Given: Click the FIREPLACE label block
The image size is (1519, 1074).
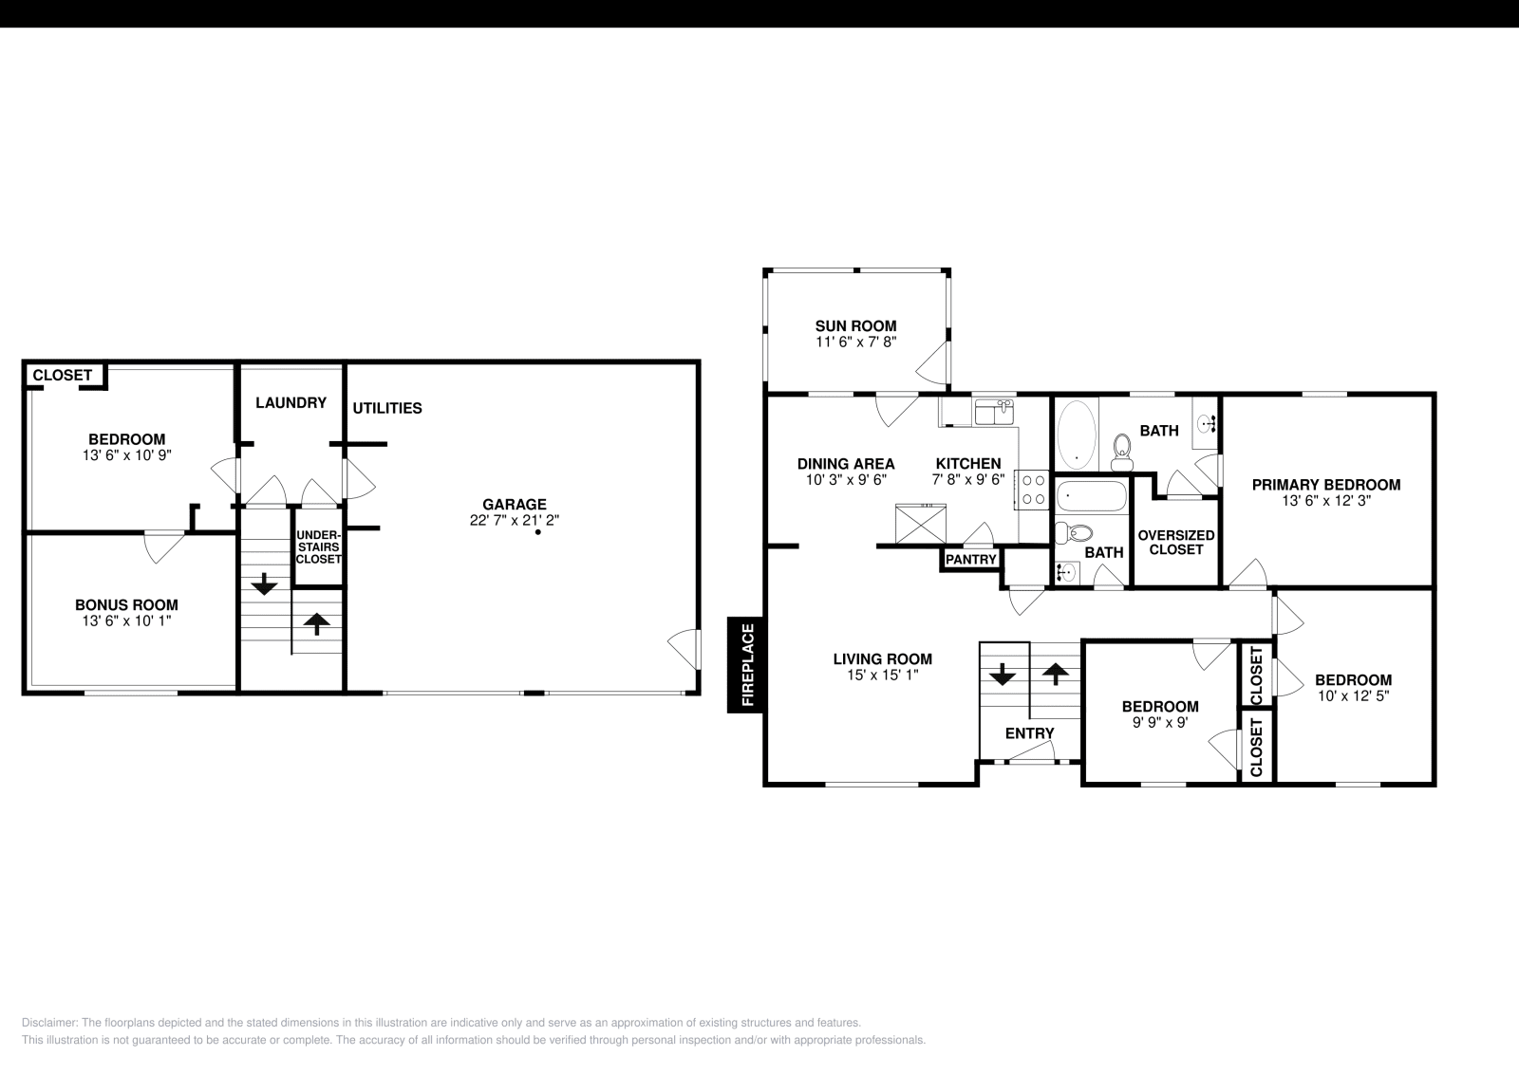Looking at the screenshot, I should pyautogui.click(x=746, y=664).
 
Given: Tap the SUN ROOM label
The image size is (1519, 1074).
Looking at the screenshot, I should pyautogui.click(x=855, y=325).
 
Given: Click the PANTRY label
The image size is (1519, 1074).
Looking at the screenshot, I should pyautogui.click(x=970, y=560).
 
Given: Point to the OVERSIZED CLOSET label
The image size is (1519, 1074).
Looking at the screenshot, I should pyautogui.click(x=1175, y=542).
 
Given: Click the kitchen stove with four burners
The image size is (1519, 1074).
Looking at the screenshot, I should pyautogui.click(x=1034, y=489).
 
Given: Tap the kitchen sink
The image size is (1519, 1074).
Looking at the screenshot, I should pyautogui.click(x=993, y=412).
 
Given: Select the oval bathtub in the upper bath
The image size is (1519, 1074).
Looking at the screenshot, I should pyautogui.click(x=1076, y=434).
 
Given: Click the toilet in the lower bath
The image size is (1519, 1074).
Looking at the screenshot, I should pyautogui.click(x=1076, y=534).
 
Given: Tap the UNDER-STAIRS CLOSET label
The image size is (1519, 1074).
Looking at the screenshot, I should pyautogui.click(x=317, y=547).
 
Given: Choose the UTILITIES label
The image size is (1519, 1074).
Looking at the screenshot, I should pyautogui.click(x=387, y=408).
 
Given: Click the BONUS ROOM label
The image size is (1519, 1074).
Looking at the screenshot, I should pyautogui.click(x=126, y=604).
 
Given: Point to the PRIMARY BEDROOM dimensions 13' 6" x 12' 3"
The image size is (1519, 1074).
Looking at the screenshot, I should pyautogui.click(x=1325, y=499).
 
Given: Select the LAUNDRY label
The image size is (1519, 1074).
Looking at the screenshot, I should pyautogui.click(x=291, y=402).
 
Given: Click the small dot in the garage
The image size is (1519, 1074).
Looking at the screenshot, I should pyautogui.click(x=537, y=532).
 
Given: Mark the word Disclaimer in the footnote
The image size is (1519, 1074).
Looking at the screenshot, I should pyautogui.click(x=45, y=1023).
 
